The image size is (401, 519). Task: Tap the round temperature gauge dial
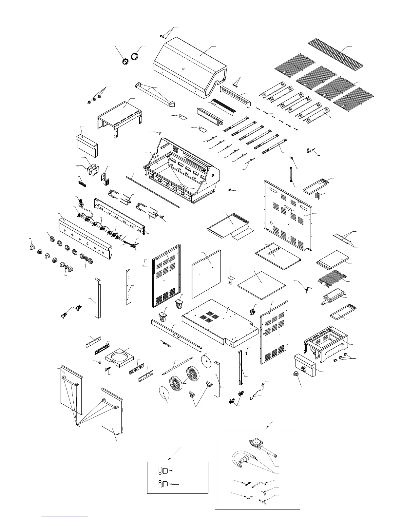click(125, 62)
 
